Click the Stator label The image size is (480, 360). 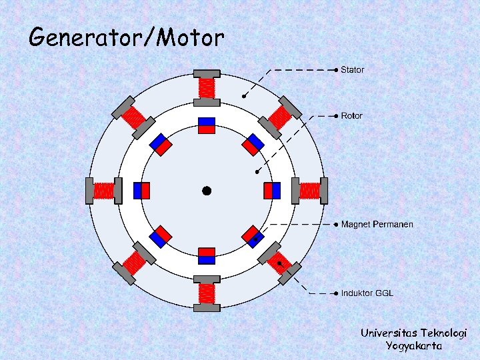point(353,69)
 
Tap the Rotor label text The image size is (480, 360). point(352,116)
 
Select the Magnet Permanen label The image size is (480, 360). point(377,225)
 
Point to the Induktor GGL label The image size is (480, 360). point(367,293)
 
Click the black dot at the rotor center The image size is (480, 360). point(207,191)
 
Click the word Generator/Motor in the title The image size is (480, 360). point(127,37)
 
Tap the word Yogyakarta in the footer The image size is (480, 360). point(413,346)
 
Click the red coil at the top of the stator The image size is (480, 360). point(207,87)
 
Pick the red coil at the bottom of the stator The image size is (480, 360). point(207,293)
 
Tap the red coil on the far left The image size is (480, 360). point(104,191)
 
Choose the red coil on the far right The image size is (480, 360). point(310,191)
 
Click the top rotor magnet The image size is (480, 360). point(207,125)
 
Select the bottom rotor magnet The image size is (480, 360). point(207,256)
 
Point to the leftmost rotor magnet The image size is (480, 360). point(141,191)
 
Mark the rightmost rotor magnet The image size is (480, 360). point(272,191)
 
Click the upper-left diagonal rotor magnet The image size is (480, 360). point(161,145)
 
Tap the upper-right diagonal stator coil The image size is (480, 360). point(279,118)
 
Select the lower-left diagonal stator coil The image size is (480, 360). point(134,263)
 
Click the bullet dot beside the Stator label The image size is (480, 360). point(336,69)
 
